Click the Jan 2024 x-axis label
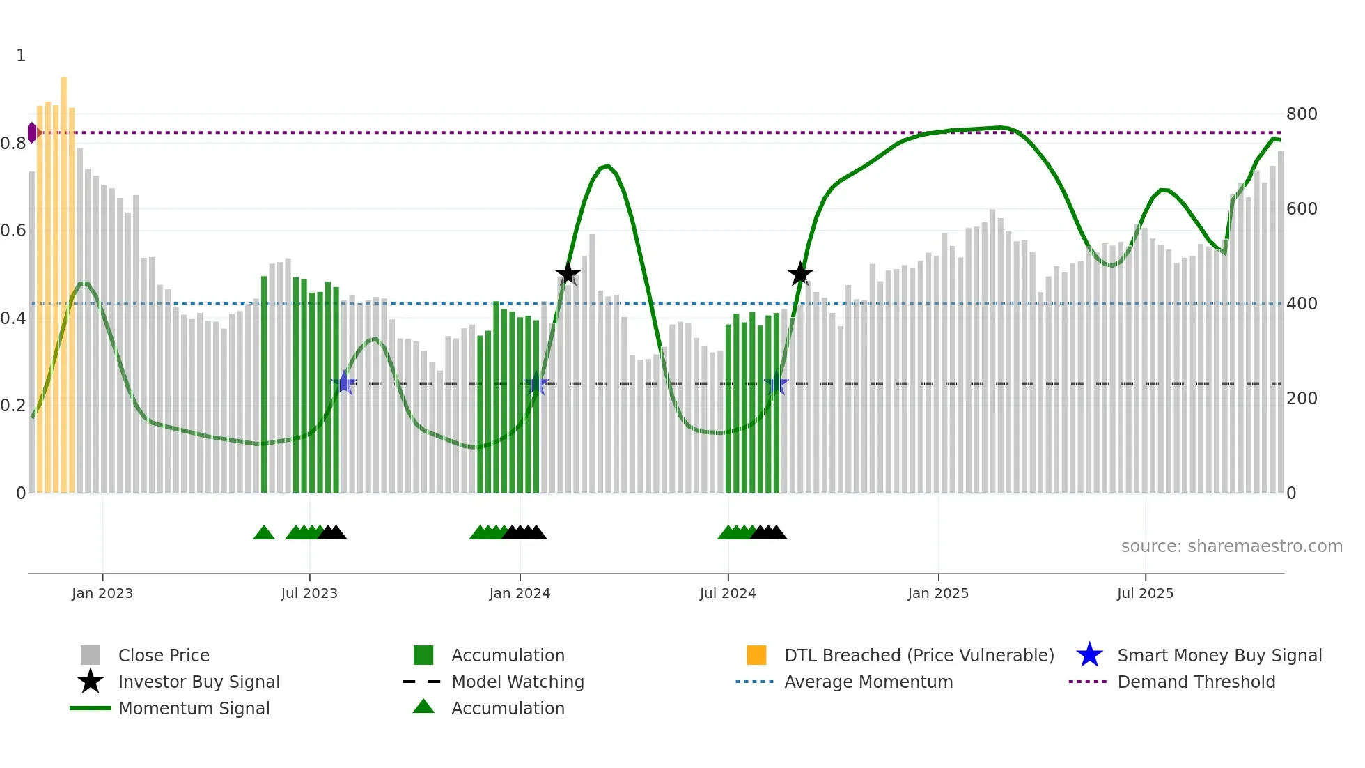(x=520, y=593)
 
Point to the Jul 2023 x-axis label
(x=309, y=593)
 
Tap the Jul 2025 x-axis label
(x=1145, y=593)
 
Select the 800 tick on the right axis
(x=1301, y=114)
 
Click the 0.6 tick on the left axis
(x=14, y=231)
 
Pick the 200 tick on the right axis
(x=1301, y=399)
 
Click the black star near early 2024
(x=568, y=273)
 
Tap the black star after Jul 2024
(x=800, y=273)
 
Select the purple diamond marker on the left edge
(x=32, y=132)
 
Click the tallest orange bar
(x=64, y=279)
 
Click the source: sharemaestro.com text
(x=1231, y=546)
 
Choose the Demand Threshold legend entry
(x=1196, y=682)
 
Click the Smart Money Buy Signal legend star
(x=1089, y=655)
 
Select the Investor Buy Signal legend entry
(x=198, y=682)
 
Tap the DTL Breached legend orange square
(x=756, y=655)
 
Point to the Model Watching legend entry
(x=517, y=682)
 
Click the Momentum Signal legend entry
(x=194, y=708)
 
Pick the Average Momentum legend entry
(x=868, y=682)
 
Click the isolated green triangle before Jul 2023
(x=264, y=533)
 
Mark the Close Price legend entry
(x=164, y=655)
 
